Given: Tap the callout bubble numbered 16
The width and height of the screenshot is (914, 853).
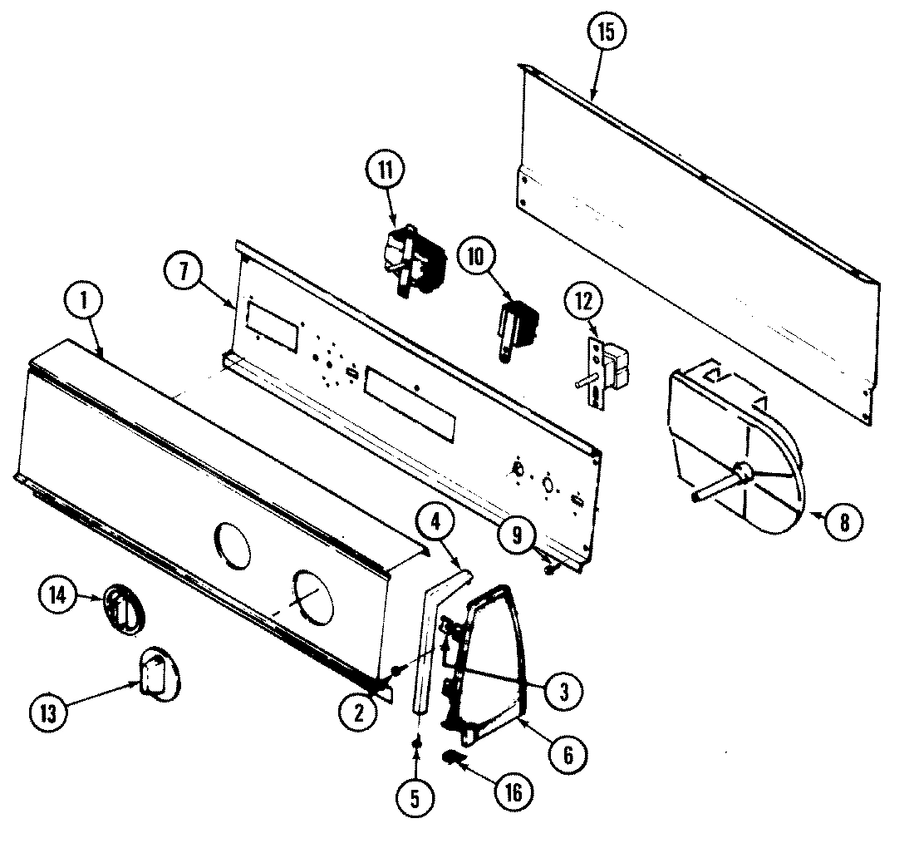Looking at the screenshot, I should (x=513, y=792).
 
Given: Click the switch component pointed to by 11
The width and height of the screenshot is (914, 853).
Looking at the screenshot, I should (x=413, y=260).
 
